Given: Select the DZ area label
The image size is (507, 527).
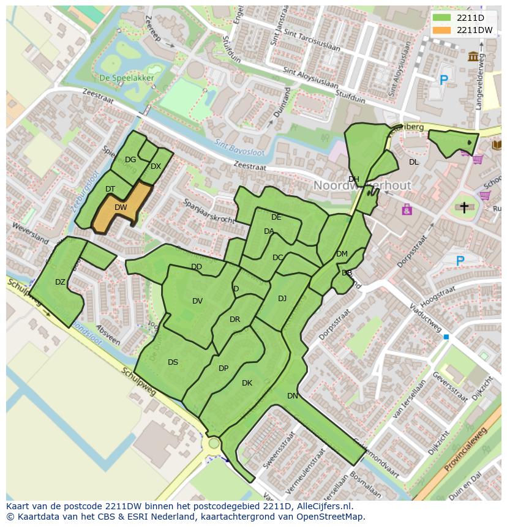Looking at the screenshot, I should pyautogui.click(x=60, y=282).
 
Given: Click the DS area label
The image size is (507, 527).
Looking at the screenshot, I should pyautogui.click(x=173, y=362).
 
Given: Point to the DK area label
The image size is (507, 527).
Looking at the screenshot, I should pyautogui.click(x=247, y=383).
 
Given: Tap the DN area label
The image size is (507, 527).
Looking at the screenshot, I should pyautogui.click(x=293, y=396).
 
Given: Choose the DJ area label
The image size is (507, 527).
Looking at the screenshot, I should pyautogui.click(x=282, y=299).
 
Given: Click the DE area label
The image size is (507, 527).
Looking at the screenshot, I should pyautogui.click(x=276, y=217).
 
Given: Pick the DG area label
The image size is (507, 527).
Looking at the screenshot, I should pyautogui.click(x=130, y=160).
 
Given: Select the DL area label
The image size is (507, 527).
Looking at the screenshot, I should pyautogui.click(x=414, y=162).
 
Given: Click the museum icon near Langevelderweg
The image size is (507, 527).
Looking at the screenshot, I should pyautogui.click(x=473, y=57).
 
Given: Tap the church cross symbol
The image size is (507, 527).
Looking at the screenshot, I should pyautogui.click(x=464, y=208).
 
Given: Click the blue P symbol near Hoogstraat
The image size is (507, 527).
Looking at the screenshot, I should pyautogui.click(x=460, y=261).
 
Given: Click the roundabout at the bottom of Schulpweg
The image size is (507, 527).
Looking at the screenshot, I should pyautogui.click(x=214, y=443).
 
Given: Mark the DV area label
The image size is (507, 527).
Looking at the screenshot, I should pyautogui.click(x=197, y=301).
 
